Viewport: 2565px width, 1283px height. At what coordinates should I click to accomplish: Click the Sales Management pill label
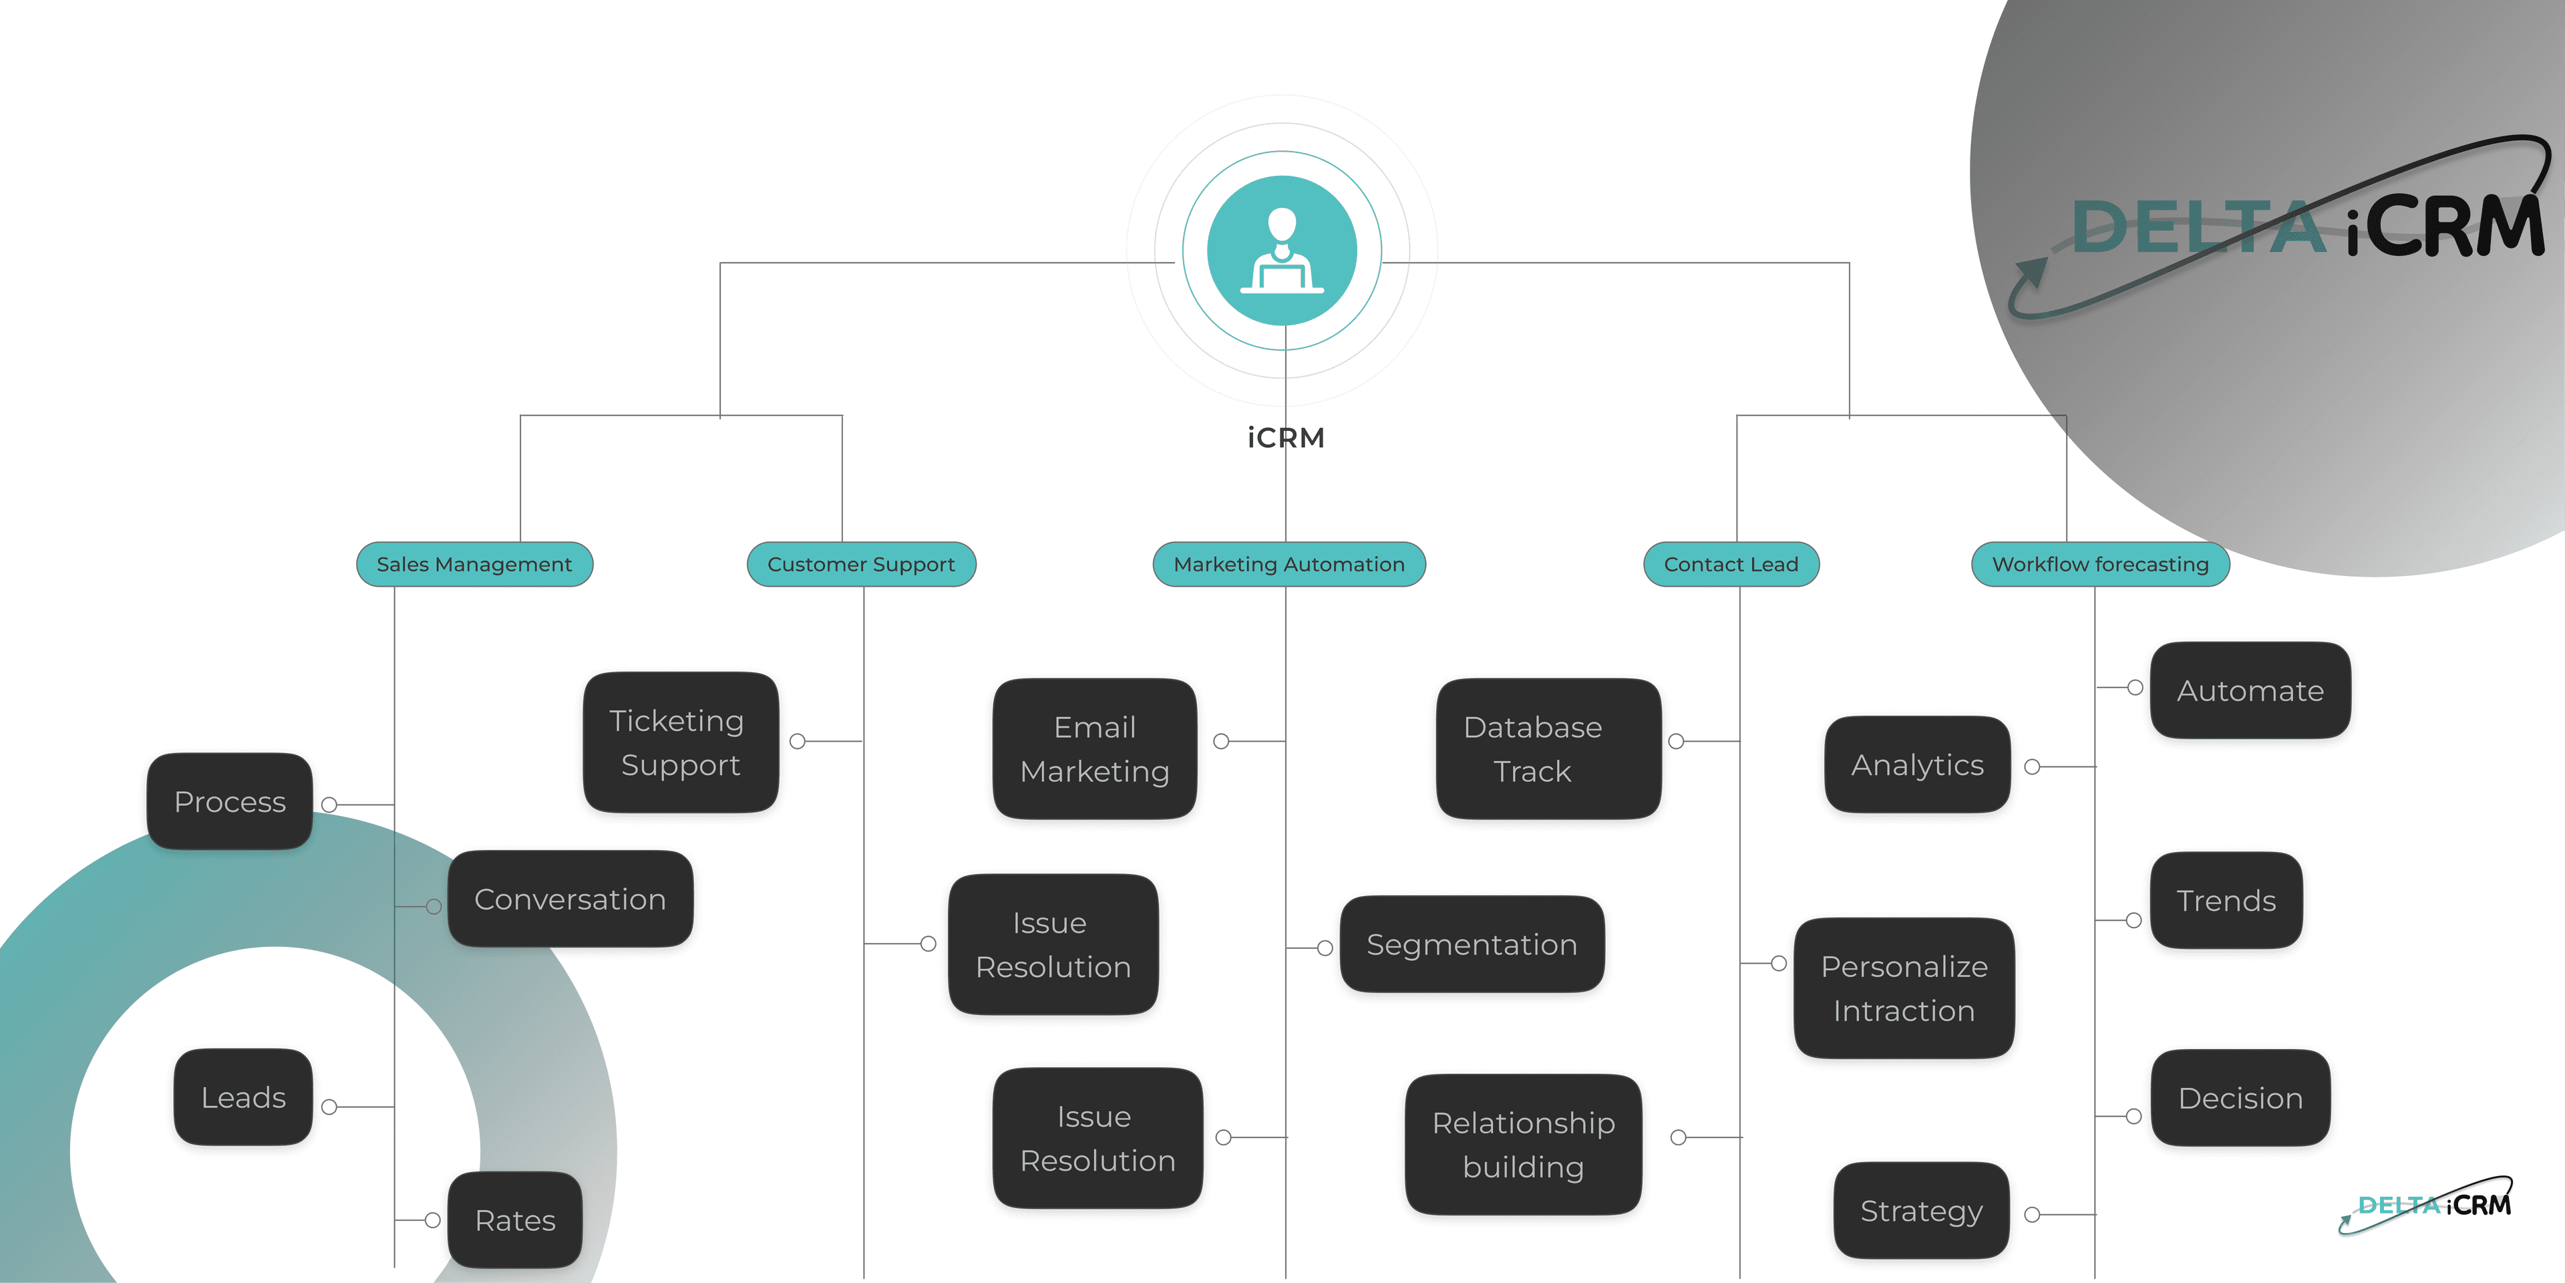(474, 564)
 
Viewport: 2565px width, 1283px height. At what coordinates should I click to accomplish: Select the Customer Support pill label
(861, 564)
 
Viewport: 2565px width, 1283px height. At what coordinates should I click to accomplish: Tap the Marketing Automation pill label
(1289, 564)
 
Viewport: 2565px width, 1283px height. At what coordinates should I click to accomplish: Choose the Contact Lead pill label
(1731, 564)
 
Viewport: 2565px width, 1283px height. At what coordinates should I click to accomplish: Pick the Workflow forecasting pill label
(2100, 564)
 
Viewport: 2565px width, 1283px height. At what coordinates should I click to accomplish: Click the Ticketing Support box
(680, 742)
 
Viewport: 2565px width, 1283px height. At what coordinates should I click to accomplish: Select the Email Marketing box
(1094, 749)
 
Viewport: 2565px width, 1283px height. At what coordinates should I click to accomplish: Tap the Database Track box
(1548, 749)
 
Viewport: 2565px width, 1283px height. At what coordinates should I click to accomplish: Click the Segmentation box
(1472, 944)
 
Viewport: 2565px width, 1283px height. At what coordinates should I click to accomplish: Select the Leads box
(243, 1097)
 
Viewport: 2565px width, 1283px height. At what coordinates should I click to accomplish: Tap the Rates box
(515, 1220)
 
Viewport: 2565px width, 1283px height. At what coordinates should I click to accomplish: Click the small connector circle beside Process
(329, 804)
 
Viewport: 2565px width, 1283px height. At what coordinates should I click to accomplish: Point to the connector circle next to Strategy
(2032, 1214)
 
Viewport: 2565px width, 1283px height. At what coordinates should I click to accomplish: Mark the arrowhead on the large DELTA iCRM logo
(2031, 268)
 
